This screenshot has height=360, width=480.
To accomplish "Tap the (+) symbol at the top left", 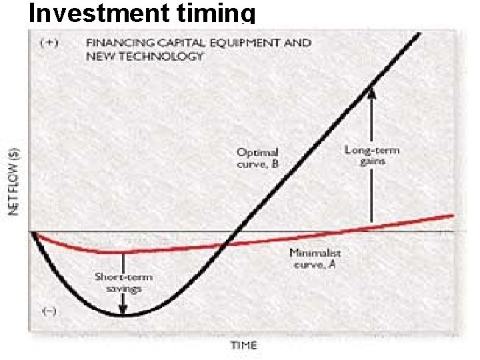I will [49, 43].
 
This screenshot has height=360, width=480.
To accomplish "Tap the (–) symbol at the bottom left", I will [49, 311].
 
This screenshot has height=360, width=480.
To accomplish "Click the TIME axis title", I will [244, 345].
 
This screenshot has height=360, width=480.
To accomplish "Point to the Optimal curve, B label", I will [258, 159].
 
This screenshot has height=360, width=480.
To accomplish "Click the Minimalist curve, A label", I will [315, 259].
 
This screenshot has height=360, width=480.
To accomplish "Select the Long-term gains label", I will [365, 155].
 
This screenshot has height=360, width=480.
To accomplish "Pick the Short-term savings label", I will [123, 282].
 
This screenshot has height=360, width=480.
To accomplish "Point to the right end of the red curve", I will [453, 215].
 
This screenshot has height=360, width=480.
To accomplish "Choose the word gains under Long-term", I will [373, 161].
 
